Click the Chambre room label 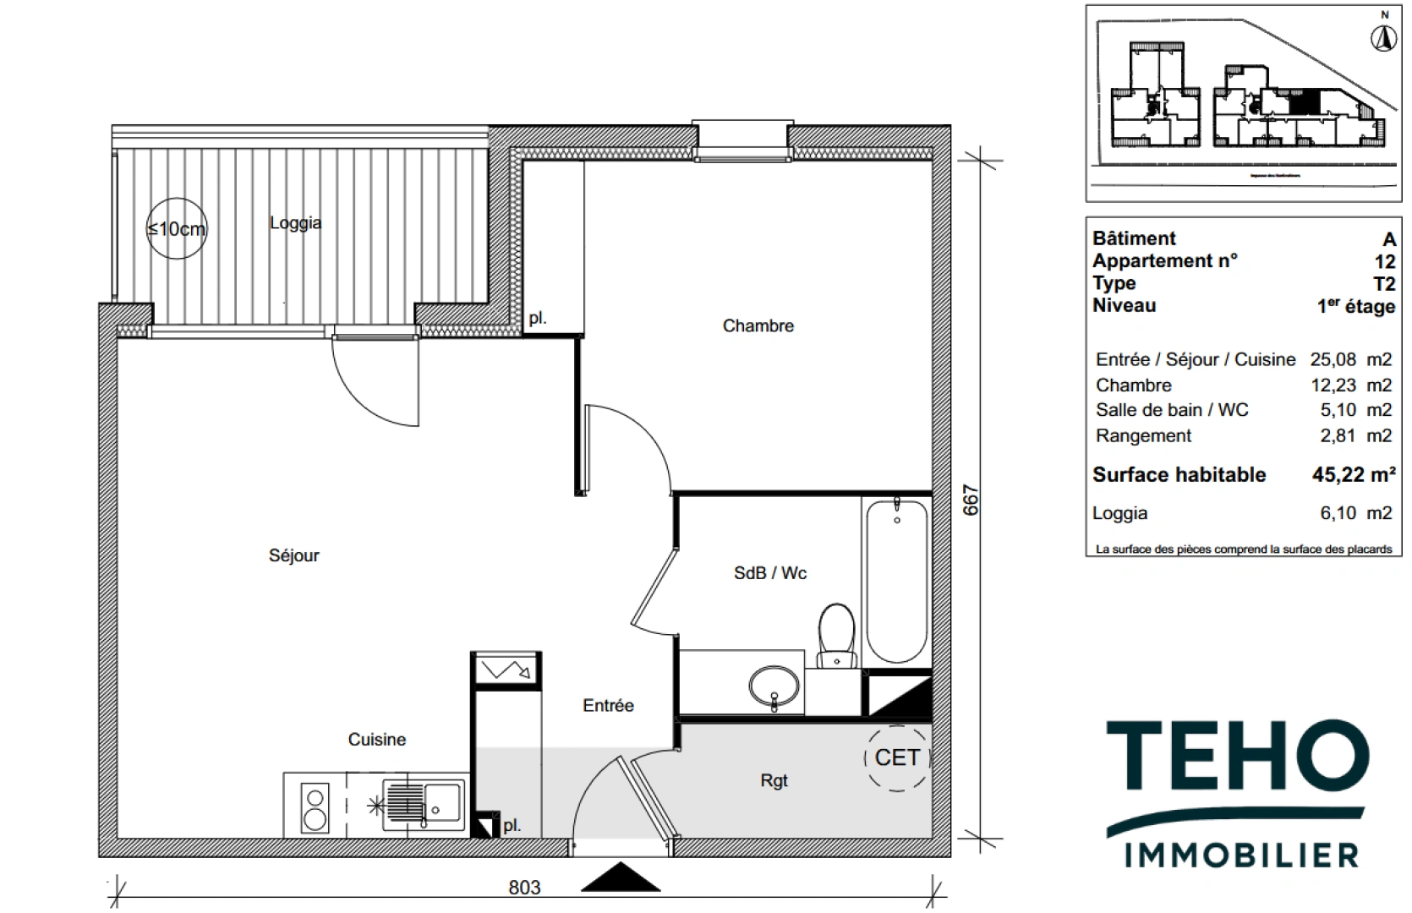[758, 325]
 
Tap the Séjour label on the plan [293, 555]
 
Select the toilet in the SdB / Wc [837, 634]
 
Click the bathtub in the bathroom [896, 581]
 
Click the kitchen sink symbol [424, 804]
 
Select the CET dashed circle [897, 757]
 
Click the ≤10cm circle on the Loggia [176, 228]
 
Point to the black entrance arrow [621, 877]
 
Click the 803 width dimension [524, 887]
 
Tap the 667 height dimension [971, 500]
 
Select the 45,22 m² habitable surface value [1353, 475]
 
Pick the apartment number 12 [1384, 261]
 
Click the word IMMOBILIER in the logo [1241, 855]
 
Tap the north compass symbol [1384, 38]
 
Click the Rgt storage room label [774, 780]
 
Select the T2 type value [1383, 284]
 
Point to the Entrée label [608, 705]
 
